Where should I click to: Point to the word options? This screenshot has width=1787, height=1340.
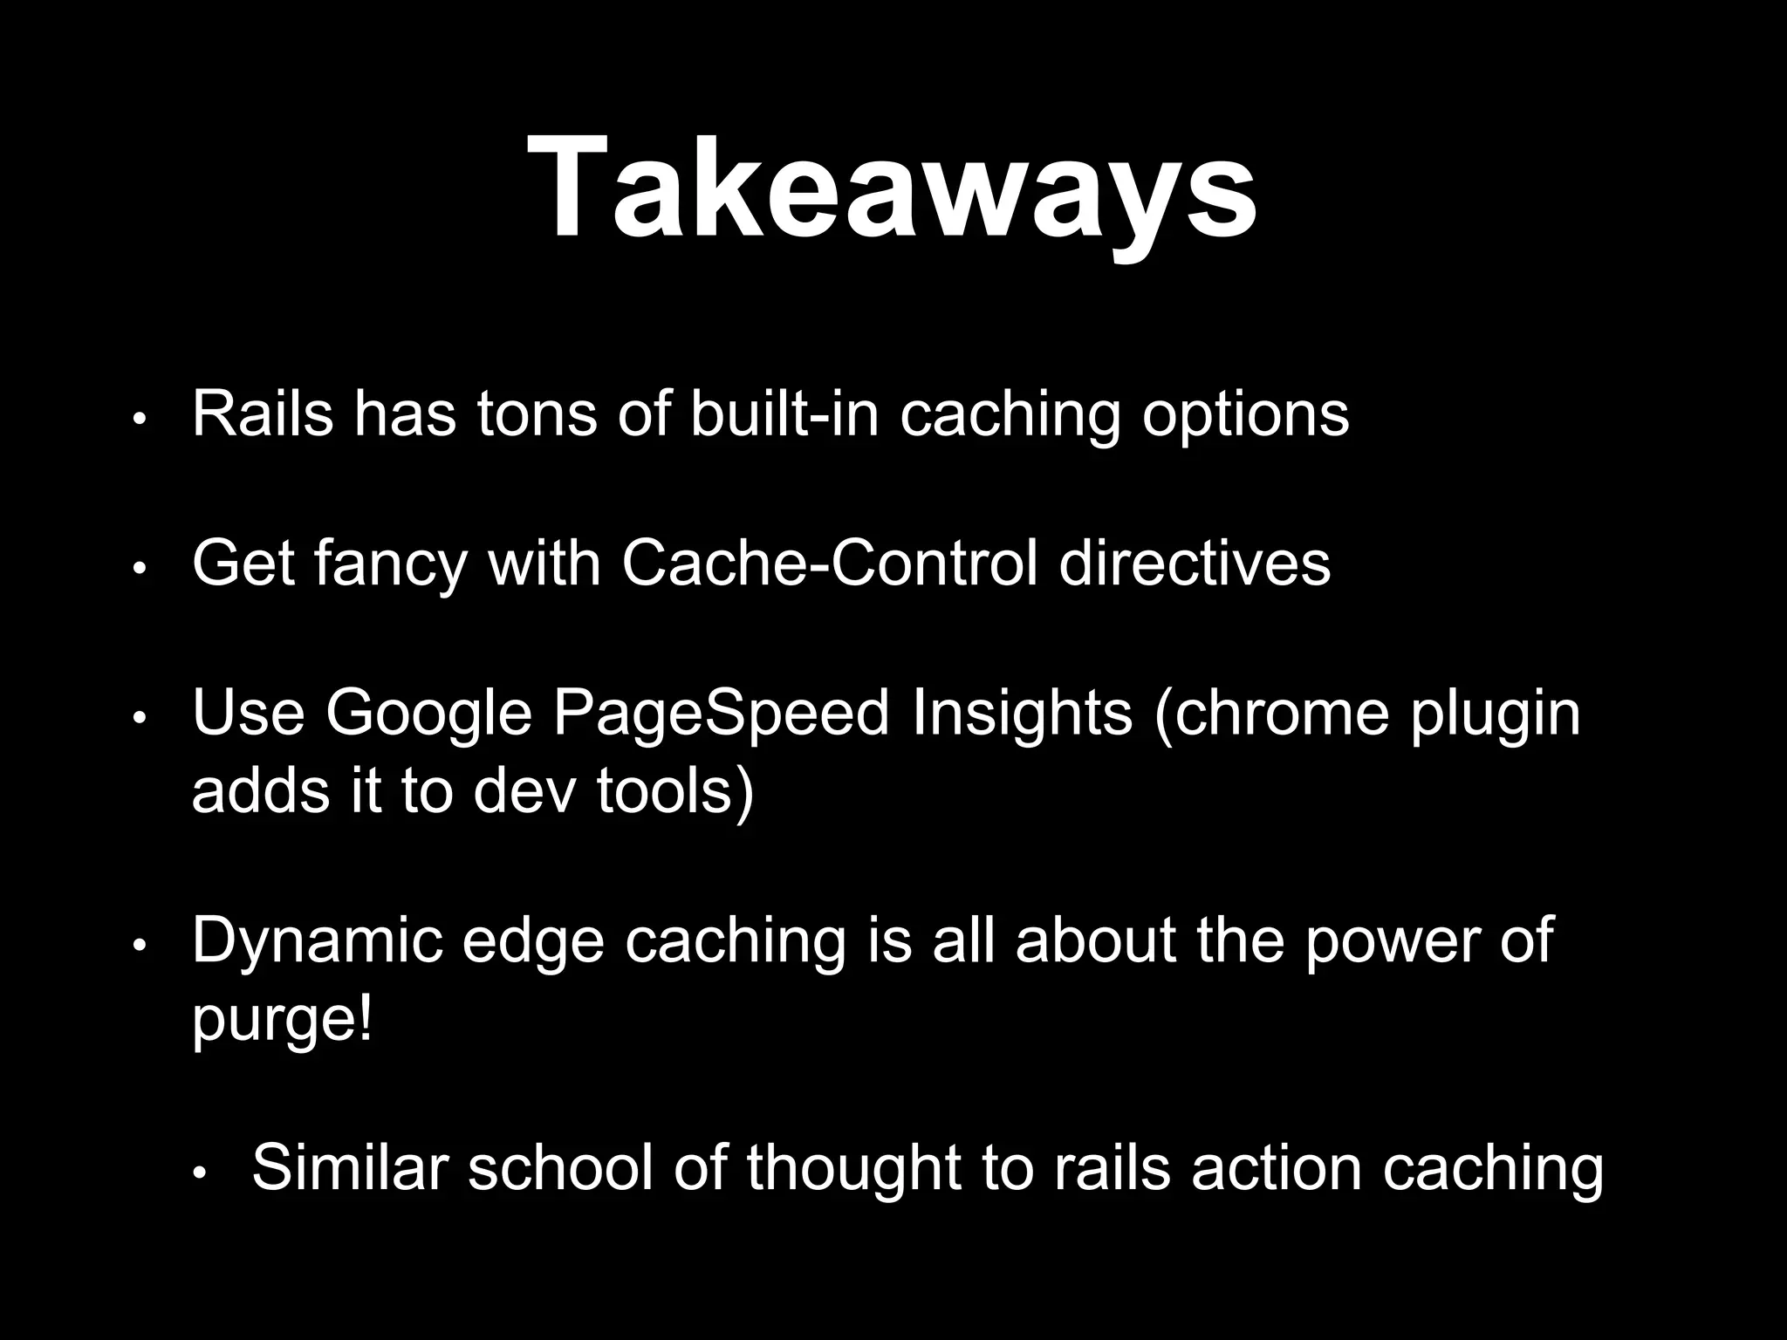pyautogui.click(x=1245, y=417)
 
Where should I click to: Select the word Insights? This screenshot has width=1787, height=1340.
pyautogui.click(x=1021, y=713)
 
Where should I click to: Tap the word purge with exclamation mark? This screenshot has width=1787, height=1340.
pyautogui.click(x=281, y=1019)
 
